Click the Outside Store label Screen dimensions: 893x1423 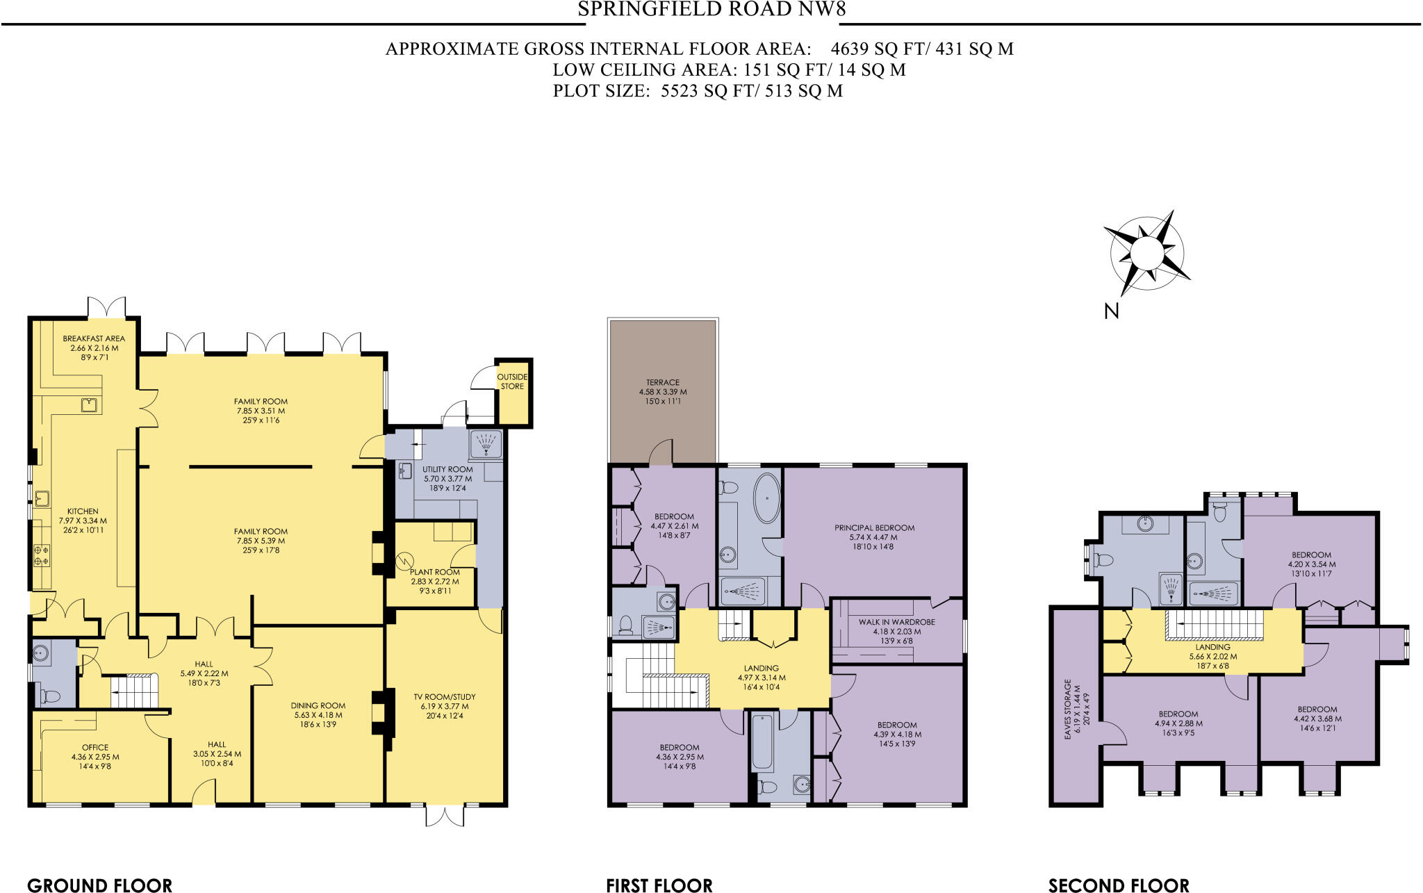[x=512, y=382]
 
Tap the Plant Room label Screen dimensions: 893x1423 [x=434, y=572]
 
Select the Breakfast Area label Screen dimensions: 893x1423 [x=94, y=338]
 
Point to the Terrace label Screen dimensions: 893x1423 [x=663, y=382]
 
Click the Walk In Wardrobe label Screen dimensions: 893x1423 [x=896, y=622]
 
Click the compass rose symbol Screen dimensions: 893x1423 [x=1146, y=253]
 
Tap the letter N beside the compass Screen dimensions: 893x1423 [x=1111, y=311]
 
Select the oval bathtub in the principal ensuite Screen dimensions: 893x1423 [x=766, y=498]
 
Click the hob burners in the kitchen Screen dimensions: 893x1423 [x=42, y=555]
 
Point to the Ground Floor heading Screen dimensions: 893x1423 [x=99, y=885]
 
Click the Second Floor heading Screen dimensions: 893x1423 [x=1119, y=885]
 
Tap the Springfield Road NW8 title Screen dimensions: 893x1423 [x=711, y=9]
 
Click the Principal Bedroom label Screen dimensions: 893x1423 [x=874, y=527]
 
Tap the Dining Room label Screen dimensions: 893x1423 [x=318, y=705]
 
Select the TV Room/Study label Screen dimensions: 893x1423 [x=445, y=696]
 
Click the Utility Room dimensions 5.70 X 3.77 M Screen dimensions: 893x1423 [x=447, y=479]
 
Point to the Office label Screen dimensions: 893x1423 [x=95, y=748]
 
